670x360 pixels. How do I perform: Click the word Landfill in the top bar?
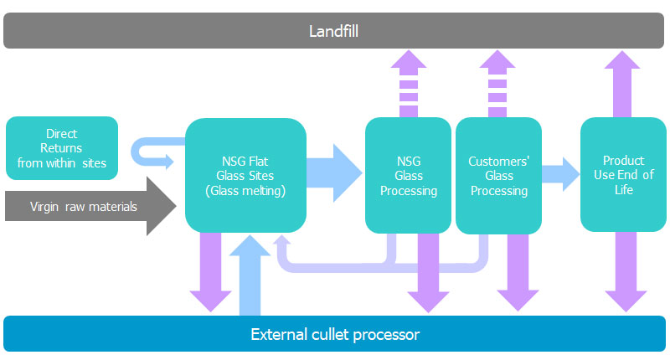332,32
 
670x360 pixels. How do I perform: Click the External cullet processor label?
335,335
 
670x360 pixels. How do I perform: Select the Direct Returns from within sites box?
62,148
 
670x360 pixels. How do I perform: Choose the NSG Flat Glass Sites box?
245,175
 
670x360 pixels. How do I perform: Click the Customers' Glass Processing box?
498,175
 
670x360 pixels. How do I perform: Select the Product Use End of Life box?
623,175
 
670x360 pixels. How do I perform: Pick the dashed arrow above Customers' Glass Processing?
497,84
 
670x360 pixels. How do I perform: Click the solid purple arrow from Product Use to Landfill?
623,84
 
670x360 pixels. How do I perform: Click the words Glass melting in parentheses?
245,190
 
